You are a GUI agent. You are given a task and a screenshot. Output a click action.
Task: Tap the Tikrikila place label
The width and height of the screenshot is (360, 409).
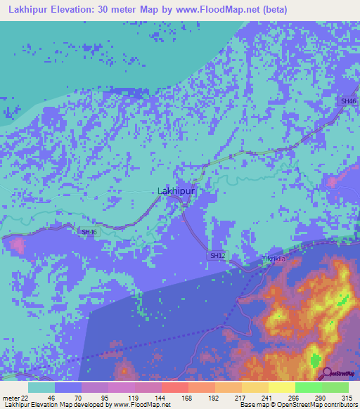point(274,259)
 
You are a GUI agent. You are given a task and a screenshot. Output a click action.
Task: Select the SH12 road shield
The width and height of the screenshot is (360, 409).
point(217,255)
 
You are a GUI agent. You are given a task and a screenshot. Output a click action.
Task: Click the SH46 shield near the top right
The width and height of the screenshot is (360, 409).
point(348,101)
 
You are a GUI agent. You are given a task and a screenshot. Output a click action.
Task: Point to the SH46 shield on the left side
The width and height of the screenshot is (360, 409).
point(89,232)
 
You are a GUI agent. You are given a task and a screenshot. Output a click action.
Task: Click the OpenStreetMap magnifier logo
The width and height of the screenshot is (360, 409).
point(328,374)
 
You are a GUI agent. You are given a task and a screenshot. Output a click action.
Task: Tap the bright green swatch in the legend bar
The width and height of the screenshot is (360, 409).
point(308,387)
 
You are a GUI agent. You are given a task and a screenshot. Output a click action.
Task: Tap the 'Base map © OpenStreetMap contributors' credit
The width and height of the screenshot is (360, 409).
point(297,405)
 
